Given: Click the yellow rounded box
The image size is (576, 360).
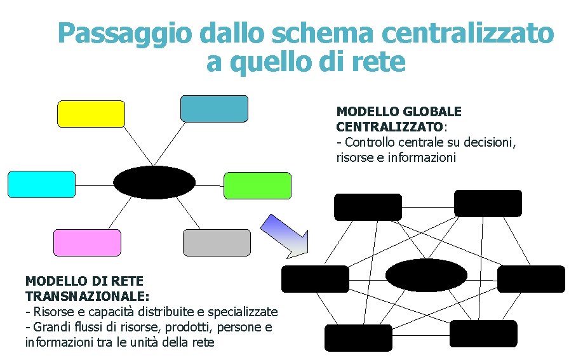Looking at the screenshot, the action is (x=91, y=114).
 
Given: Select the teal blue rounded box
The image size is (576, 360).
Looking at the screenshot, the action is (x=214, y=109).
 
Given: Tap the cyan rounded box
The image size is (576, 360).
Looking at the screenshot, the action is (x=41, y=185).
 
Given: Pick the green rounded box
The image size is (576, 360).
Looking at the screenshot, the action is (x=258, y=185).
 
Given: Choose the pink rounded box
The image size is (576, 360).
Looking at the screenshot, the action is (x=87, y=243).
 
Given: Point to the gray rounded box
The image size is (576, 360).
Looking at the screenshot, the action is (x=217, y=243).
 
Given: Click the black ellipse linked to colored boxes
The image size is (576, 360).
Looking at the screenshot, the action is (x=154, y=182).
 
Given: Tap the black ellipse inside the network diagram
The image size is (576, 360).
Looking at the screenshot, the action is (x=427, y=275).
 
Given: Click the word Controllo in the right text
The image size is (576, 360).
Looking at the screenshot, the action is (x=371, y=142).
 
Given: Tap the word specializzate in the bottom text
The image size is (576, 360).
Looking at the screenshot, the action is (x=243, y=312).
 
